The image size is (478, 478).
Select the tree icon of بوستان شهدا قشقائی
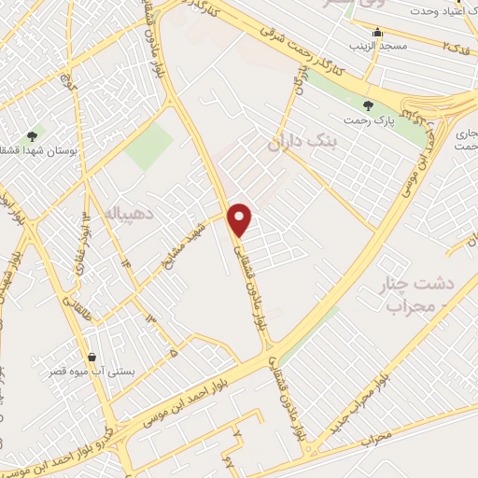34,136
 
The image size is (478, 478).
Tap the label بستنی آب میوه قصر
92,373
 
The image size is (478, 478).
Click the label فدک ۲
454,45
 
